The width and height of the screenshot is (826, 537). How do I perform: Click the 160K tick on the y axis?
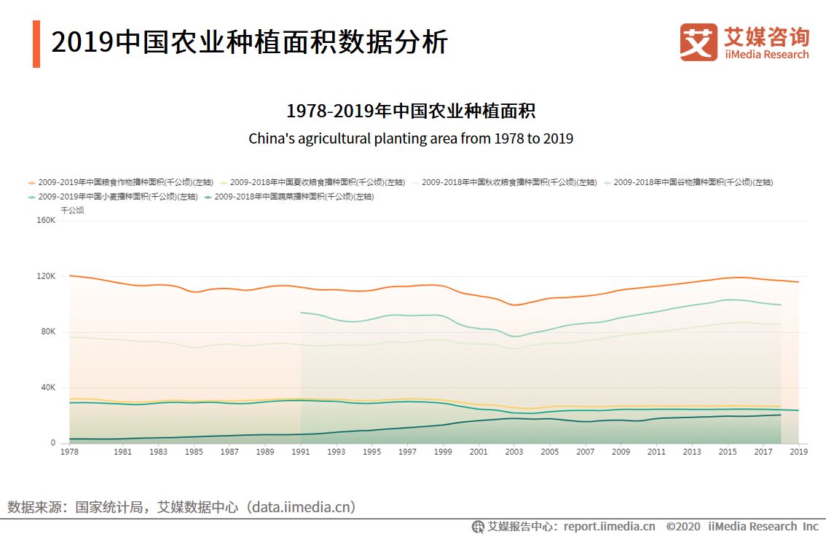(x=47, y=221)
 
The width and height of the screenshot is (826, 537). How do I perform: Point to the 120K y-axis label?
(x=47, y=277)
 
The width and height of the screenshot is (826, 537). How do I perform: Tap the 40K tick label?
(x=48, y=388)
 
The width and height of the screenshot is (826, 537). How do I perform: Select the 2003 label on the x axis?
(x=514, y=452)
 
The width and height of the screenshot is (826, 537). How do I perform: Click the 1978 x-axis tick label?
(x=69, y=452)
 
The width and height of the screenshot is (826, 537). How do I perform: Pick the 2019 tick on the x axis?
(x=798, y=452)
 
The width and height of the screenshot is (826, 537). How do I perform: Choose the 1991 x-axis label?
(x=300, y=452)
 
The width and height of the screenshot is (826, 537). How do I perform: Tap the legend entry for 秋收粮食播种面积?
(x=505, y=182)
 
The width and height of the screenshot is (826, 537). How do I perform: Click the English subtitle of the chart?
(x=411, y=138)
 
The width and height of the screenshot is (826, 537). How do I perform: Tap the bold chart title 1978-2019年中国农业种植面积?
(x=411, y=111)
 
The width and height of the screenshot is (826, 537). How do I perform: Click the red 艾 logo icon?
(x=699, y=42)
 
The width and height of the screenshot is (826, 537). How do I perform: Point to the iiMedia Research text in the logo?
(x=766, y=55)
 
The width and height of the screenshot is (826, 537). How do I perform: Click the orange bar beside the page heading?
(x=36, y=44)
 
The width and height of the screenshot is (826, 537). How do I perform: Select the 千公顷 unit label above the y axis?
(x=72, y=210)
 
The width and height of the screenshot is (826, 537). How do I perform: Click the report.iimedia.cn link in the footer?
(x=609, y=526)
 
